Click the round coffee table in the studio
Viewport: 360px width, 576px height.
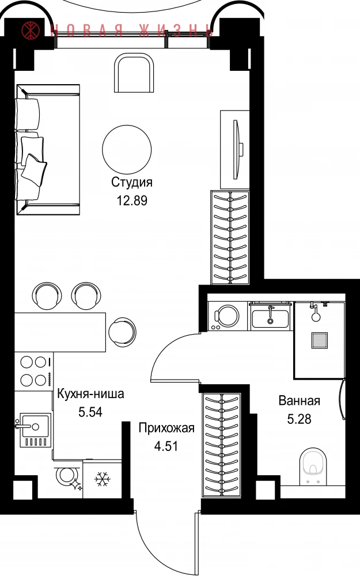(x=127, y=150)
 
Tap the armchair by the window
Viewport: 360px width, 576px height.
(x=134, y=73)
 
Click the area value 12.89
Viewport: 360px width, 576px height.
(x=132, y=200)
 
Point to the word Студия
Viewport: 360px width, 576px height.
(x=132, y=182)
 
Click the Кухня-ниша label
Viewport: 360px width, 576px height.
(x=91, y=394)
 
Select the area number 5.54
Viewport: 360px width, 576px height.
(x=90, y=412)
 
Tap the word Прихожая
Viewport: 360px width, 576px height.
(x=166, y=429)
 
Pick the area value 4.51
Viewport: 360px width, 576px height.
(x=166, y=446)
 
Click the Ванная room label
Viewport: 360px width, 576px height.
(x=300, y=400)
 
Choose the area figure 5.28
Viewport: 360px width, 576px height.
(x=299, y=419)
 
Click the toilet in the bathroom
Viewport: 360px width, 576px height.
(x=313, y=467)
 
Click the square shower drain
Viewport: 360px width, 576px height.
(x=320, y=340)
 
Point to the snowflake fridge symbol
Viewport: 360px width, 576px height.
(x=103, y=479)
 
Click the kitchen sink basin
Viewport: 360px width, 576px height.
(x=35, y=426)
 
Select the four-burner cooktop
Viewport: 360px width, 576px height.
(x=34, y=371)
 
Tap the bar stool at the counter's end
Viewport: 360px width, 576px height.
(x=122, y=330)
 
